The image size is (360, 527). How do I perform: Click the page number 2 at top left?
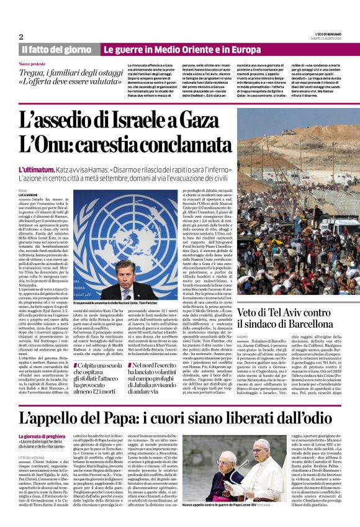20,37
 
